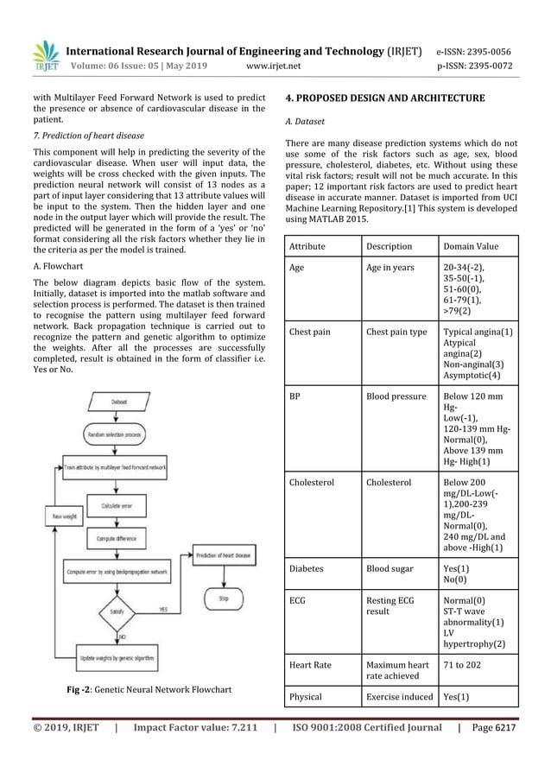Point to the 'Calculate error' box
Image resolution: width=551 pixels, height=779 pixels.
(122, 505)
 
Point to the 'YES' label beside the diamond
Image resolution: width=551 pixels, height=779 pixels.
(162, 609)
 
